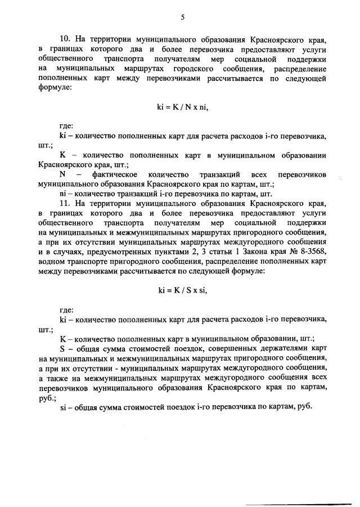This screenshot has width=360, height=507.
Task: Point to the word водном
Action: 51,261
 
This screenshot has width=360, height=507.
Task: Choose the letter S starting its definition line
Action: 62,348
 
